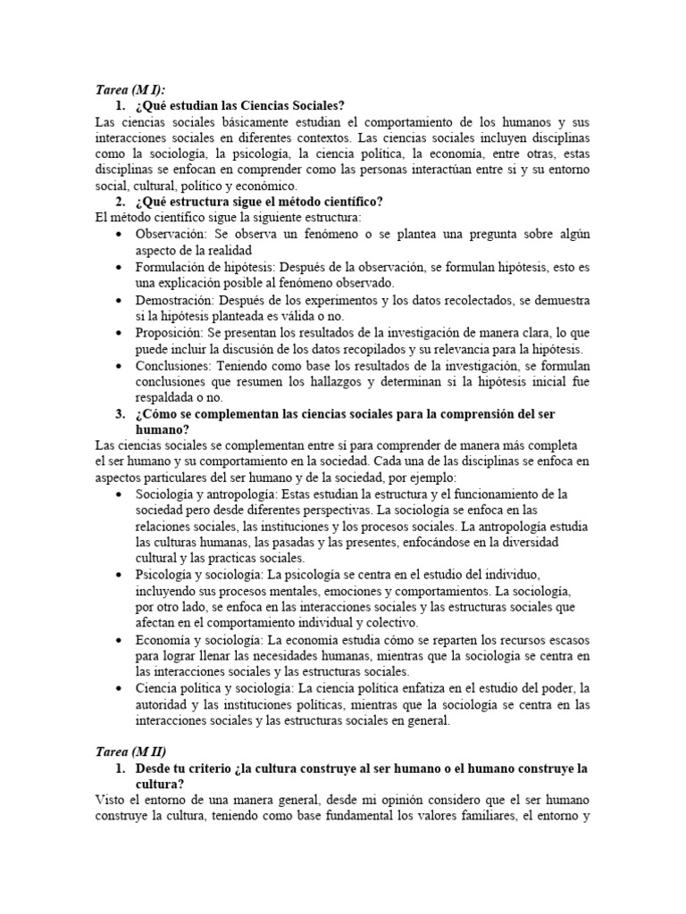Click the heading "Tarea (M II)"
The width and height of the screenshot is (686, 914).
pos(130,752)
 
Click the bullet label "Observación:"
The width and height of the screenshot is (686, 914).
pos(173,233)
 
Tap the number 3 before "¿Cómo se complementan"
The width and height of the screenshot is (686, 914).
pos(121,415)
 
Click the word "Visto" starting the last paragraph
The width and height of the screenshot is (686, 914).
pos(110,800)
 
